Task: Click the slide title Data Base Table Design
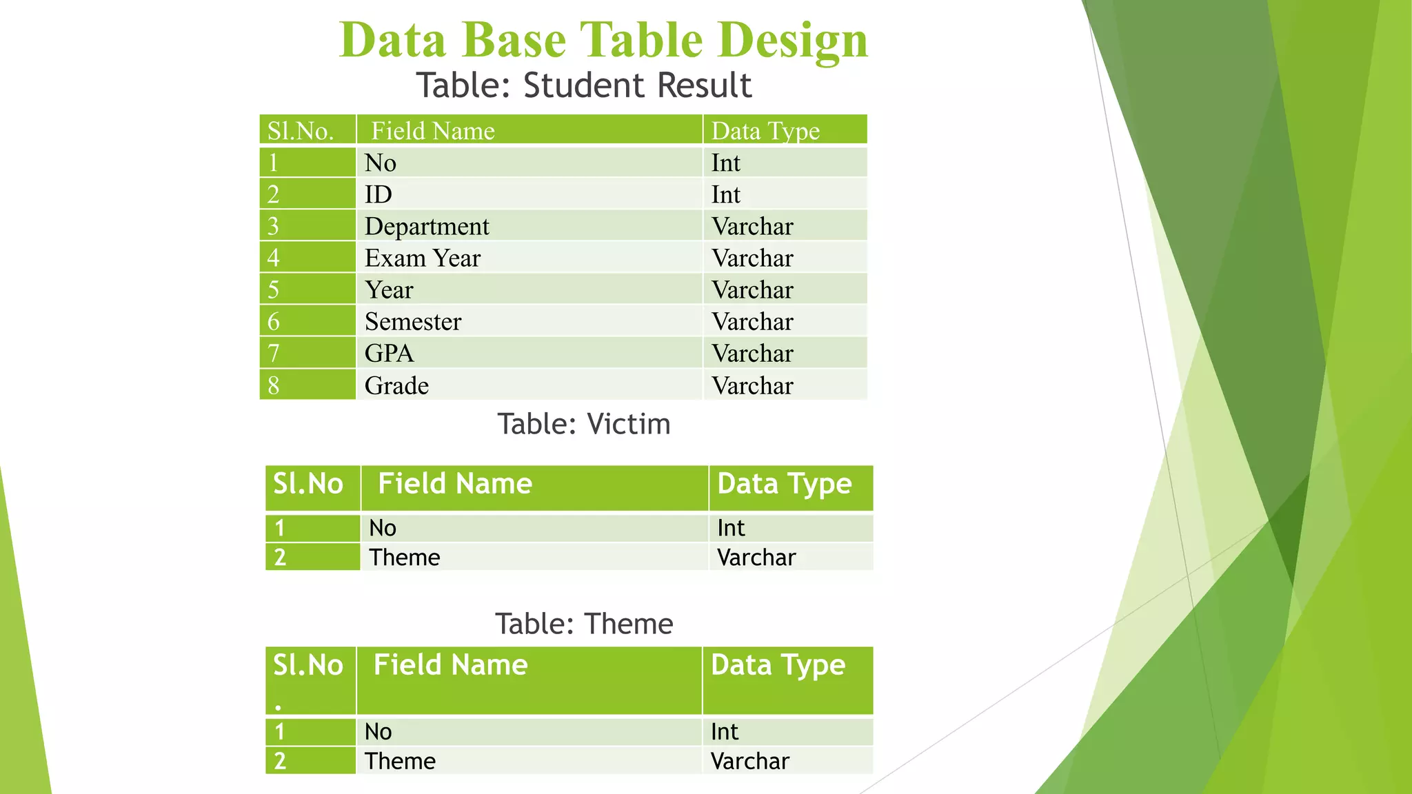coord(603,40)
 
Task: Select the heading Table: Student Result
coord(583,85)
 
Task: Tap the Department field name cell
coord(427,226)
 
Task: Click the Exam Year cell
coord(422,258)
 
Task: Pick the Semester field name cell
coord(413,321)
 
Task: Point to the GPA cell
coord(390,353)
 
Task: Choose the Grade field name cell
coord(396,385)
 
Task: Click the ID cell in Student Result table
coord(378,194)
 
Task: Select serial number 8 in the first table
coord(274,385)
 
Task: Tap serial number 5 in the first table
coord(274,289)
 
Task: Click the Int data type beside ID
coord(725,194)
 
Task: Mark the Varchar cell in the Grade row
coord(752,385)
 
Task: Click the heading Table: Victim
coord(583,424)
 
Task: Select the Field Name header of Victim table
coord(455,484)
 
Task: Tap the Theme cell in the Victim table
coord(404,557)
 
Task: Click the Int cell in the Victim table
coord(731,528)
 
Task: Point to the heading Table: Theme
coord(583,624)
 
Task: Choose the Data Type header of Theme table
coord(778,665)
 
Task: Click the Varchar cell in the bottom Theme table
coord(749,761)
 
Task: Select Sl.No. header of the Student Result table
coord(301,131)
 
